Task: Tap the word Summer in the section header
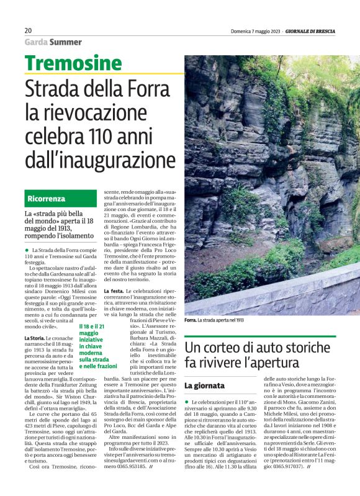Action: coord(65,42)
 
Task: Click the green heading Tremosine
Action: coord(73,63)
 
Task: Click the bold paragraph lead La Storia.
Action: coord(34,338)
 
